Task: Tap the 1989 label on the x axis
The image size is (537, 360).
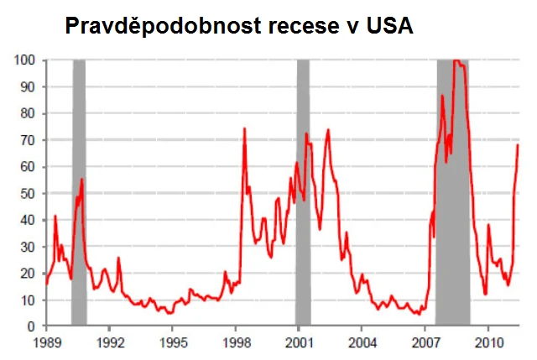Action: click(x=47, y=342)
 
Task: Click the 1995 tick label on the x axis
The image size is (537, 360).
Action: click(x=173, y=342)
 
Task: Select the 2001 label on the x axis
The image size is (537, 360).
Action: click(x=300, y=342)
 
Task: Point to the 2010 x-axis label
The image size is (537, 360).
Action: click(x=489, y=342)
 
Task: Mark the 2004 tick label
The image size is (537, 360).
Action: click(x=362, y=342)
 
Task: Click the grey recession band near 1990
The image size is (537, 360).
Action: click(x=79, y=193)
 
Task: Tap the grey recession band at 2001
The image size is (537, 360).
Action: click(x=303, y=193)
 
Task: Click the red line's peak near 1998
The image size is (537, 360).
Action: click(x=244, y=128)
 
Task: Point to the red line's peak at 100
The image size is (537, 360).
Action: click(x=456, y=60)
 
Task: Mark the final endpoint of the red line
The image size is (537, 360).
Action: click(x=519, y=144)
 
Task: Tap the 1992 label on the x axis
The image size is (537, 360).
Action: click(x=110, y=342)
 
